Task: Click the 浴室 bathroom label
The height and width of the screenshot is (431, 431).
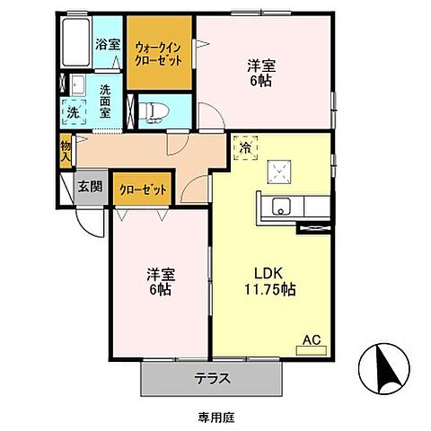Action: coord(107,42)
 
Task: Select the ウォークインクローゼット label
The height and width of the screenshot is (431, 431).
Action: coord(158,53)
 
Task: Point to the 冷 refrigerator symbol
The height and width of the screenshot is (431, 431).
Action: coord(245,147)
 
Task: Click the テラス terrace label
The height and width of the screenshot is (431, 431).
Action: coord(213,378)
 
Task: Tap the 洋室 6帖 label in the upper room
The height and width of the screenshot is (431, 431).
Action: coord(261,72)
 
